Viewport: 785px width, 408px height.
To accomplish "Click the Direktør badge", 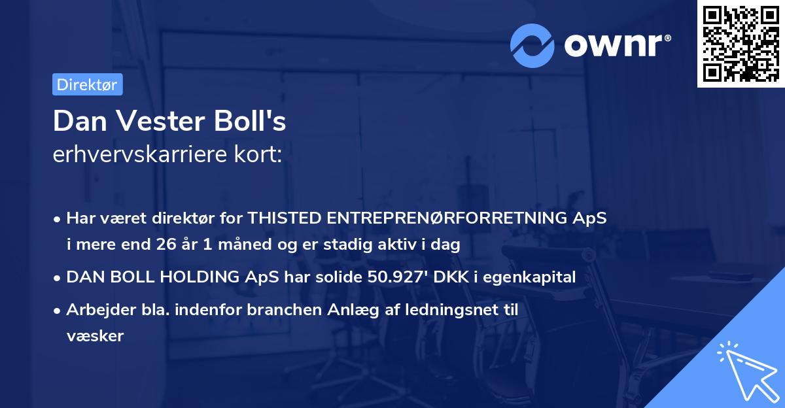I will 87,84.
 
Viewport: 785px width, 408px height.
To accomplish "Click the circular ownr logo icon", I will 532,45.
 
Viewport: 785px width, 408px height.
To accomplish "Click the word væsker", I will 95,336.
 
